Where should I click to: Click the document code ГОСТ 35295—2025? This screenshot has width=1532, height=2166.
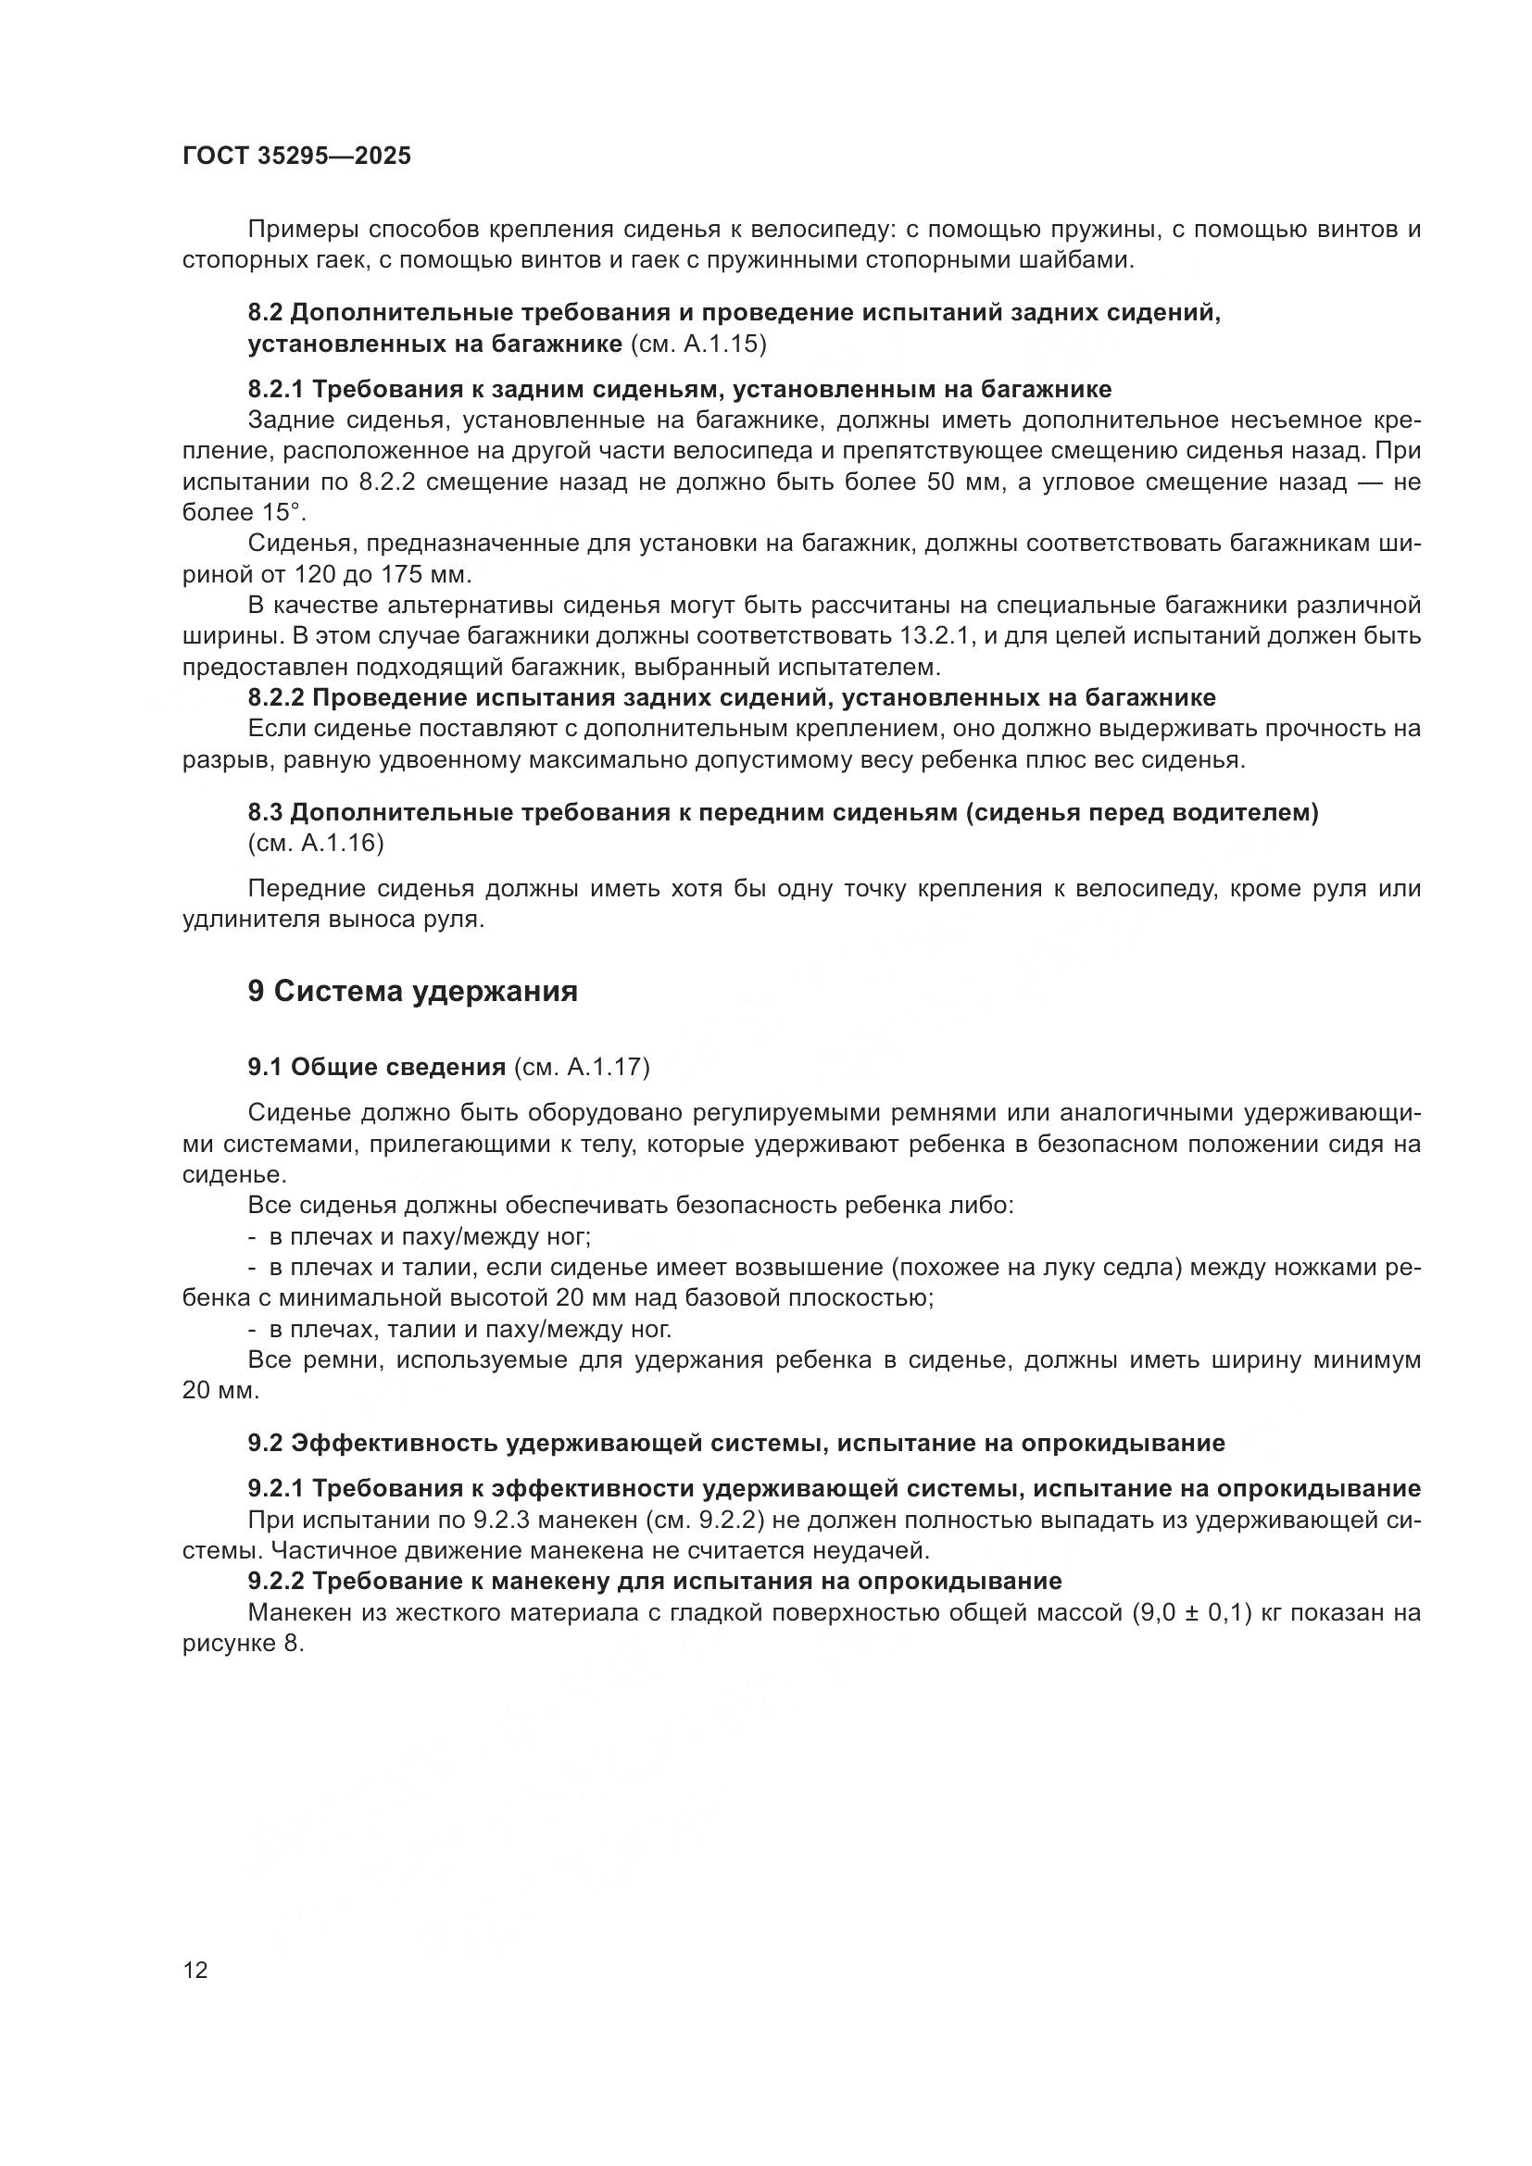coord(296,157)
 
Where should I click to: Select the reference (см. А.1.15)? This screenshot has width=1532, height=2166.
coord(697,344)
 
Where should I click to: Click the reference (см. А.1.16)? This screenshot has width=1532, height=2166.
coord(315,844)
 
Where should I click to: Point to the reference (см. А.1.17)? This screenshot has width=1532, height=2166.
coord(581,1067)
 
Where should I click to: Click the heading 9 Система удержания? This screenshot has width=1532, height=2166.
coord(412,992)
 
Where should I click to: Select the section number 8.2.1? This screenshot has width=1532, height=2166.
coord(275,390)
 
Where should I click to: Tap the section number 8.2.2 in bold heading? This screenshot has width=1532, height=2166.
coord(275,698)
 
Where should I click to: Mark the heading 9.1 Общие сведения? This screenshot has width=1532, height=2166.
coord(377,1067)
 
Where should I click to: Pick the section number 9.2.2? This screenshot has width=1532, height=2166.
coord(275,1581)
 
